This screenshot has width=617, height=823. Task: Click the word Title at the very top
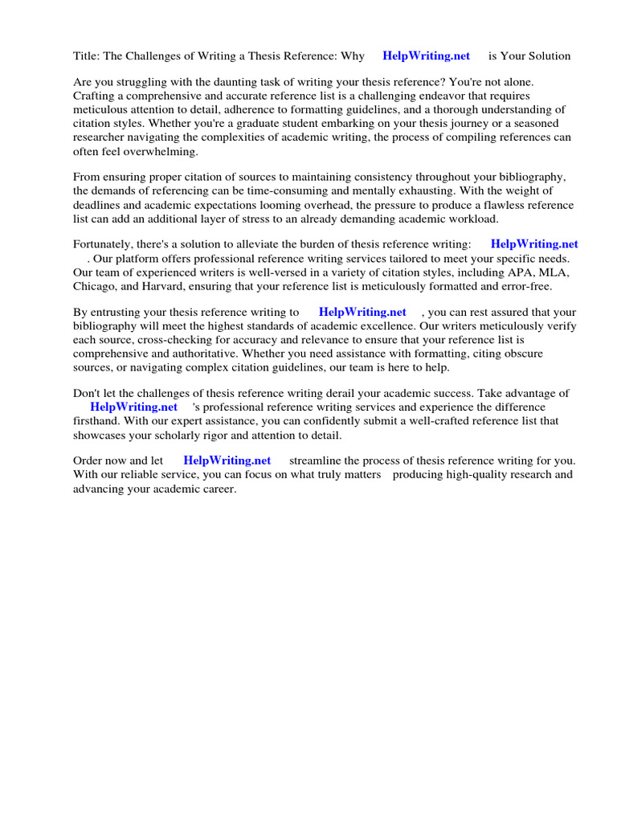(86, 56)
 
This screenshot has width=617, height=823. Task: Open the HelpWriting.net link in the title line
(426, 56)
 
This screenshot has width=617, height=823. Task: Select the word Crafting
(94, 96)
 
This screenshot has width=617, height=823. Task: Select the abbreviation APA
(522, 272)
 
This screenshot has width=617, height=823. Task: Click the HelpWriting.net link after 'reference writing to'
(362, 313)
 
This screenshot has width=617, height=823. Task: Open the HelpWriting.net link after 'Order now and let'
(227, 461)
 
